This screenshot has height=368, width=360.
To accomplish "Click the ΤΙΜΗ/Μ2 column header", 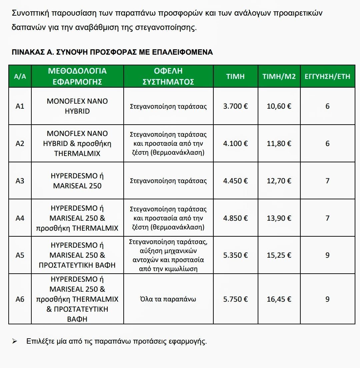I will click(x=279, y=76).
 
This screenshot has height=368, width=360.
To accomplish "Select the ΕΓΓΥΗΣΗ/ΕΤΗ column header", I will click(x=327, y=76).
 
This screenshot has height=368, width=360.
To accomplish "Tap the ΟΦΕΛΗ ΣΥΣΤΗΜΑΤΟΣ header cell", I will click(x=168, y=76).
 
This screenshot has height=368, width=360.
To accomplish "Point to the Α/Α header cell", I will click(x=20, y=76).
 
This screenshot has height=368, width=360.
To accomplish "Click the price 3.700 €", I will click(x=235, y=106).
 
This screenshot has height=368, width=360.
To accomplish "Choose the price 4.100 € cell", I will click(x=235, y=144).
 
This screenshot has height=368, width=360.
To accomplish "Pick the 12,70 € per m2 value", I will click(x=279, y=181).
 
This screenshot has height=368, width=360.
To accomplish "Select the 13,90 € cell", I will click(x=279, y=218).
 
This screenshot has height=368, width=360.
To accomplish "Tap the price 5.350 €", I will click(x=235, y=255).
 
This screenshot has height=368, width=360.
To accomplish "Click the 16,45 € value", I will click(x=279, y=299).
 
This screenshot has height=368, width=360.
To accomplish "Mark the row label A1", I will click(x=20, y=106).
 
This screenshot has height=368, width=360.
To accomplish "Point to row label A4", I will click(x=20, y=218).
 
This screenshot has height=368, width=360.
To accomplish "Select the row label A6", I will click(x=20, y=299).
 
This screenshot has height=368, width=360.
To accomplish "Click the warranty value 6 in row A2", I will click(x=327, y=144).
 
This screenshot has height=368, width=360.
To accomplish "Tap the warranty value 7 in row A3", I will click(x=327, y=181).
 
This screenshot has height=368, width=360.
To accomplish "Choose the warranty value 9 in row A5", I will click(x=327, y=255).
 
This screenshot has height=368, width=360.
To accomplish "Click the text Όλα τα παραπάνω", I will click(x=168, y=299).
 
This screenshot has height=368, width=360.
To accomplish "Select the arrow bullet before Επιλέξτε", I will click(x=14, y=342).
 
